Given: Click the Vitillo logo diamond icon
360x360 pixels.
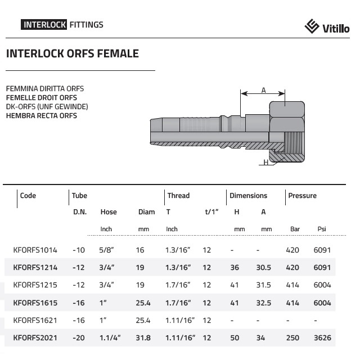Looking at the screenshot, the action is [x=312, y=26].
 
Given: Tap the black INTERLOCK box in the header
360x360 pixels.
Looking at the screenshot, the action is [x=44, y=25].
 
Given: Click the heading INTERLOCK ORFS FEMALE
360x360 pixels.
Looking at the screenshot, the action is [x=73, y=53].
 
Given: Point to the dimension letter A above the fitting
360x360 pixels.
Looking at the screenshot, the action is [x=263, y=90].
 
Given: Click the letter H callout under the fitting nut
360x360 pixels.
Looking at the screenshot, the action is [x=266, y=163].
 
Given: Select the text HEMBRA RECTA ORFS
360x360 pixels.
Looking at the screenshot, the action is [x=42, y=116].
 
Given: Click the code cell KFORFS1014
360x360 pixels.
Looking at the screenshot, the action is [x=35, y=250].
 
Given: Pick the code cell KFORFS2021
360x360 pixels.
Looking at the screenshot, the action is [x=35, y=337].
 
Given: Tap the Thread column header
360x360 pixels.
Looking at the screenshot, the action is [x=178, y=196].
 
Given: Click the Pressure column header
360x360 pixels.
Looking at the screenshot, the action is [x=303, y=196].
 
